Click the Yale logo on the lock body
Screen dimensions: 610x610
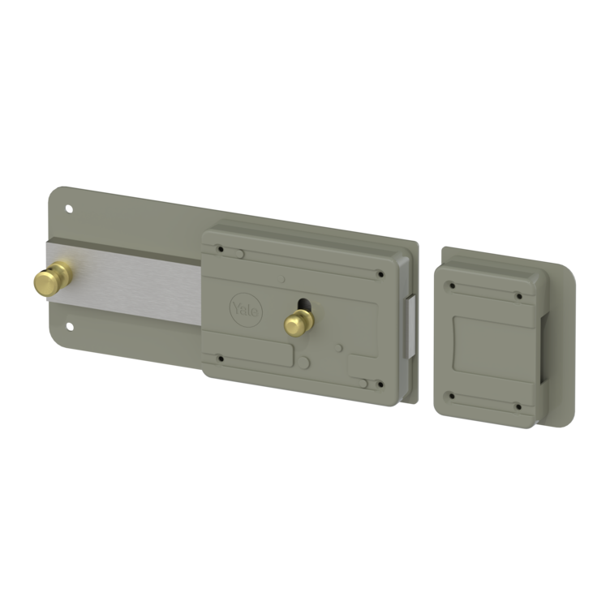(247, 310)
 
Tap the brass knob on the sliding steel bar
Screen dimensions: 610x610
(53, 278)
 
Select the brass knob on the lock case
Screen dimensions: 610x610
(299, 323)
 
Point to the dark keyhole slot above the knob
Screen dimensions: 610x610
(303, 304)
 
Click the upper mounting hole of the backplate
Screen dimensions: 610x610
(69, 209)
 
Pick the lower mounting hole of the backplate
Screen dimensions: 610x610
(70, 326)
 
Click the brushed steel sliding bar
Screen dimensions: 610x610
(124, 282)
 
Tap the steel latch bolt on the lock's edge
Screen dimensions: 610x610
(410, 327)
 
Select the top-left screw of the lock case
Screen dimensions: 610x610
(221, 249)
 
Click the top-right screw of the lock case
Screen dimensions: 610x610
(381, 274)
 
